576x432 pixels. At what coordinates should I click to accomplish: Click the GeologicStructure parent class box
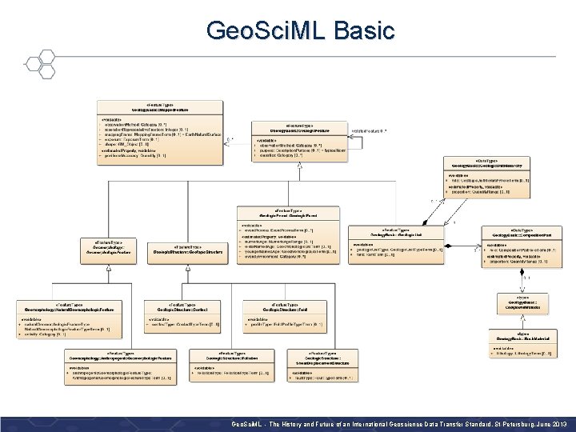click(x=188, y=250)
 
